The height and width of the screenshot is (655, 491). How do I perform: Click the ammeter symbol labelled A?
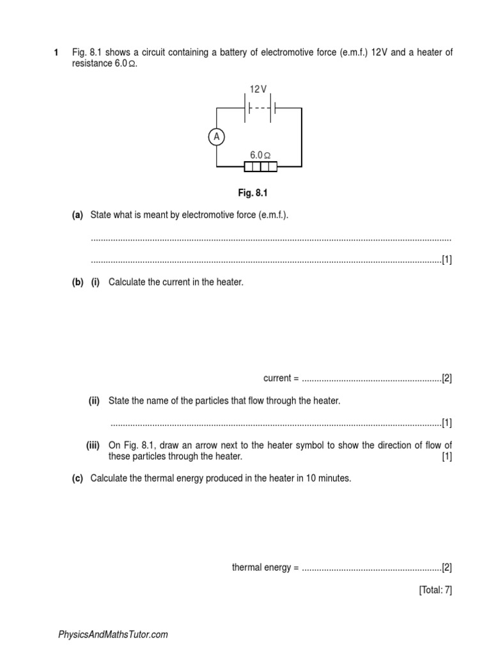pos(217,136)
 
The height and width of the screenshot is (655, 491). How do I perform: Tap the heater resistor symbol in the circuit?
pos(261,167)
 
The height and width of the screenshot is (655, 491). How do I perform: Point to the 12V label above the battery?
pos(258,90)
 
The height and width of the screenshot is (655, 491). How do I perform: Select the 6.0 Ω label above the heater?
pos(260,155)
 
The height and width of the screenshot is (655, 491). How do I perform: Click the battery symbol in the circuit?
pos(260,108)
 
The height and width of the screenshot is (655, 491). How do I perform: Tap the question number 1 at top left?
pos(56,52)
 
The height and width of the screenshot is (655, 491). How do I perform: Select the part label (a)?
pos(77,216)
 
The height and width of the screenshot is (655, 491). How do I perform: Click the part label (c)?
pos(77,478)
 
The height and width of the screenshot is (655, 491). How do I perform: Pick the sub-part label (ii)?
pos(94,400)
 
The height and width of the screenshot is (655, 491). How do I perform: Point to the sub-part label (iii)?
pos(93,445)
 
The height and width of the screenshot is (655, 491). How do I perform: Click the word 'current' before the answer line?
pos(277,378)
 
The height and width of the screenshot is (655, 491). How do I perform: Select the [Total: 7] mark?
pos(435,590)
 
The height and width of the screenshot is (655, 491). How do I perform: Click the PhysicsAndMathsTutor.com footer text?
pos(113,635)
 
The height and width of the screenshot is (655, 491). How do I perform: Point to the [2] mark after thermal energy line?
pos(447,567)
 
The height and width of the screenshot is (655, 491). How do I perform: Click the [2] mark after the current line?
pos(447,378)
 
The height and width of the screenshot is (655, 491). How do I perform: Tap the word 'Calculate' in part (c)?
pos(109,478)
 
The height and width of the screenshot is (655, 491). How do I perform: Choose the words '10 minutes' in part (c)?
pos(328,478)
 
